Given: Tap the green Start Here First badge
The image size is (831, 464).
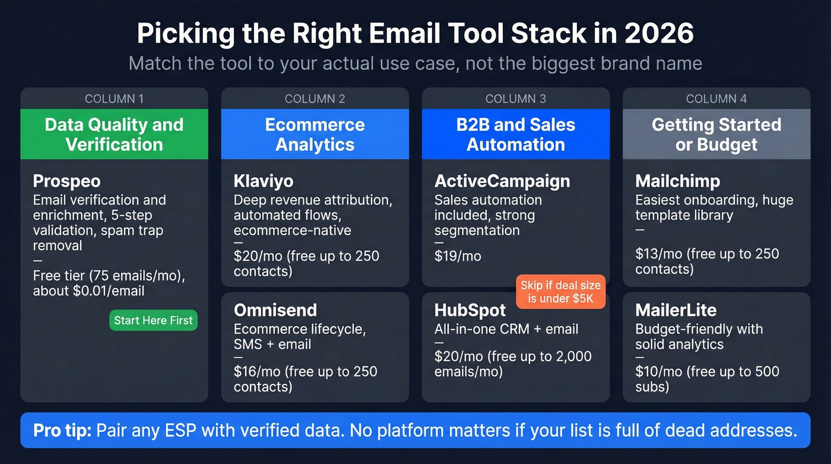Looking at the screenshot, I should click(153, 320).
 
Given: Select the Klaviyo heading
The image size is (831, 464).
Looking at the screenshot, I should click(264, 181).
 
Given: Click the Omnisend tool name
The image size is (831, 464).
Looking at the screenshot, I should click(275, 310).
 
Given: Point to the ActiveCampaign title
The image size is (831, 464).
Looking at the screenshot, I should click(502, 181).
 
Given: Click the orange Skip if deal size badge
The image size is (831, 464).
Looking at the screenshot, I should click(560, 292).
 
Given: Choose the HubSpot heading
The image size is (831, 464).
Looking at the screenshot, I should click(470, 310).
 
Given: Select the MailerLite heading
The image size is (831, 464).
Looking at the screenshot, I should click(676, 310).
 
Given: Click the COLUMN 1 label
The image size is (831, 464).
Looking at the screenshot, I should click(114, 99).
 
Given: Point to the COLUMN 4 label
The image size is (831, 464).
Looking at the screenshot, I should click(716, 99).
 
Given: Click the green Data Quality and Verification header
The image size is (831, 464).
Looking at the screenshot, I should click(114, 134).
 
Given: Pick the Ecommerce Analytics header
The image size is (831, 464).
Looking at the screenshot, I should click(315, 134).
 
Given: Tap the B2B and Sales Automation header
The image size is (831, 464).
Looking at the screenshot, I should click(515, 134).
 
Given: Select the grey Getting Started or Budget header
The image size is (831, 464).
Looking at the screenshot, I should click(716, 134).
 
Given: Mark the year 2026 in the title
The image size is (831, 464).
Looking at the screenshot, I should click(659, 34).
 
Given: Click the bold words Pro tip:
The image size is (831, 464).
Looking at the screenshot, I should click(62, 430).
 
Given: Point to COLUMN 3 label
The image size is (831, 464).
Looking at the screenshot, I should click(515, 99).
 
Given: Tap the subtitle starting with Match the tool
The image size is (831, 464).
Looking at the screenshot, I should click(415, 63).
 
